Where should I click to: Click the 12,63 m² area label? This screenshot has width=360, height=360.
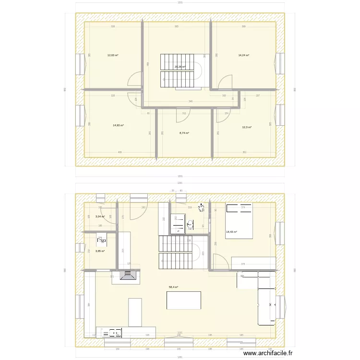click(113, 55)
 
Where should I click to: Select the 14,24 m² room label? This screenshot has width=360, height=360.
click(244, 55)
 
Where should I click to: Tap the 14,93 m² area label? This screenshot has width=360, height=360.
click(118, 125)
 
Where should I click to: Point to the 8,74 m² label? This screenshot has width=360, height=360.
click(184, 133)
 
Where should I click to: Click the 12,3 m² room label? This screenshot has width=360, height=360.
click(247, 127)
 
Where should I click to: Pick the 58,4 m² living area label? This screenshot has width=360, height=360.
click(173, 287)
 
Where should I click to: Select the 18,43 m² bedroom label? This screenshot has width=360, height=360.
click(231, 232)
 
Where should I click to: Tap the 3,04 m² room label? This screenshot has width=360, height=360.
click(100, 216)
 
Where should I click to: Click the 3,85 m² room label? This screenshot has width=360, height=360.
click(100, 251)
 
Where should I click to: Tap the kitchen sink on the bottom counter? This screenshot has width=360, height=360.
click(115, 332)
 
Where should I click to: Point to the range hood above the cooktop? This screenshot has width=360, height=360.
click(128, 275)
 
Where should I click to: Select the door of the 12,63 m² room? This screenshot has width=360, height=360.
click(136, 80)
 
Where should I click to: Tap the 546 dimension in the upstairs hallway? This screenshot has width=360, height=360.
click(191, 101)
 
